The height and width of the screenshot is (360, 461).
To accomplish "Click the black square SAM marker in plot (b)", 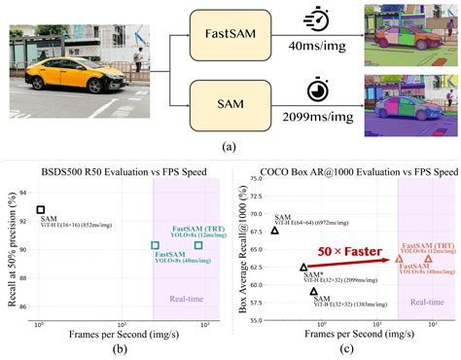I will pos(41,209).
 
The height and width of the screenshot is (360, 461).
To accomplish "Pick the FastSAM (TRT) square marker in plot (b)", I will pos(198,244).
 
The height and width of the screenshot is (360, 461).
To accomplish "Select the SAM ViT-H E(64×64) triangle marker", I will pos(275,230).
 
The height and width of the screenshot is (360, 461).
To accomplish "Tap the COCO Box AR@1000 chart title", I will pos(348,172).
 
